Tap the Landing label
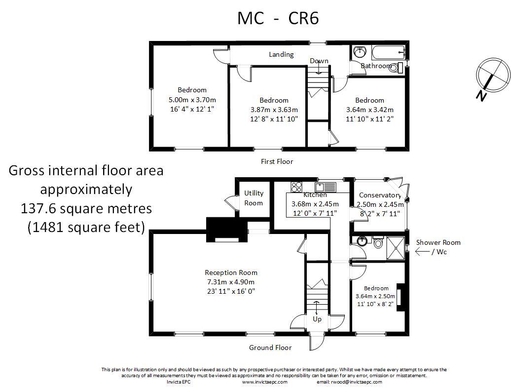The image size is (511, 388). pyautogui.click(x=281, y=54)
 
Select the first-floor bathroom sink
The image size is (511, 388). pyautogui.click(x=360, y=51)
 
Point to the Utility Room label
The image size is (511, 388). pyautogui.click(x=254, y=198)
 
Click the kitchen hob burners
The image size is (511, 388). pyautogui.click(x=296, y=187)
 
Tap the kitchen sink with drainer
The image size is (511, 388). pyautogui.click(x=325, y=187)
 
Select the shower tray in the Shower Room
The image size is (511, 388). pyautogui.click(x=395, y=248)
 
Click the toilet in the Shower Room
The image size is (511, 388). pyautogui.click(x=378, y=242)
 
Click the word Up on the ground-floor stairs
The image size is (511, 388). pyautogui.click(x=317, y=319)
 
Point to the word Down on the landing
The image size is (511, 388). pyautogui.click(x=319, y=61)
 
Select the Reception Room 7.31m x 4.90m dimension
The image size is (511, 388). pyautogui.click(x=231, y=282)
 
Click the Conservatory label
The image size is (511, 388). pyautogui.click(x=380, y=195)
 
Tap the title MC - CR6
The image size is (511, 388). pyautogui.click(x=278, y=18)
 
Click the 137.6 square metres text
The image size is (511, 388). pyautogui.click(x=86, y=208)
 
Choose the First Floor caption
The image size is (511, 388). pyautogui.click(x=277, y=161)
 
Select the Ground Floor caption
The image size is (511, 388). pyautogui.click(x=270, y=348)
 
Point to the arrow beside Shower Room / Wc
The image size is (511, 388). pyautogui.click(x=422, y=252)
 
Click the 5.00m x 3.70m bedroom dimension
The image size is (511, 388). pyautogui.click(x=192, y=100)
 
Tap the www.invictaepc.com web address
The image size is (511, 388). pyautogui.click(x=264, y=382)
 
